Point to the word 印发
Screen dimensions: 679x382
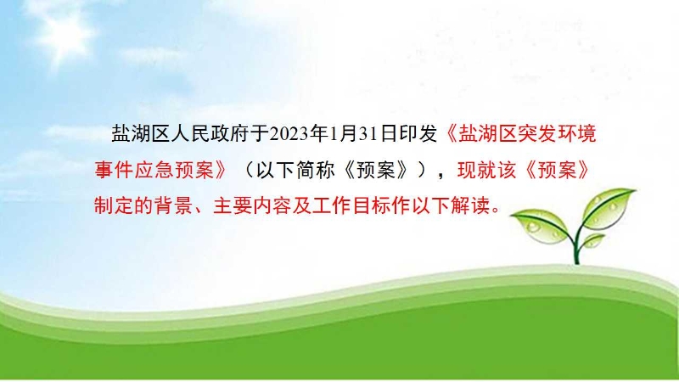[418, 134]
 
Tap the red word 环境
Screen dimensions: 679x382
[577, 134]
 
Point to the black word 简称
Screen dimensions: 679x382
[315, 170]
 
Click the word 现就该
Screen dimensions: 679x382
[486, 170]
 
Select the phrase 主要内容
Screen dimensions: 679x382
[252, 205]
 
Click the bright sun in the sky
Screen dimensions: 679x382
[65, 32]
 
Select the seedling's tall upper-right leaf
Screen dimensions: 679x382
[609, 206]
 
